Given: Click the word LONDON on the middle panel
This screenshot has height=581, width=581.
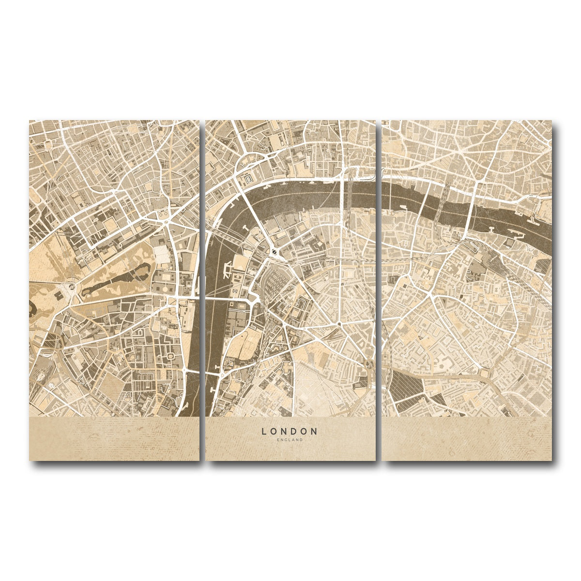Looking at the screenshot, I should pyautogui.click(x=290, y=431).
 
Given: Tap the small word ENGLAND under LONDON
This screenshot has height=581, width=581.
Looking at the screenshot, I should pyautogui.click(x=290, y=440).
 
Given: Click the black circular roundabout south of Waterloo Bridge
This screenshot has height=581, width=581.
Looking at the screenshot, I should pyautogui.click(x=275, y=251).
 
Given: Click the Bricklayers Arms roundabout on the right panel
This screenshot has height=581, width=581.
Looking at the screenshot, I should pyautogui.click(x=484, y=373).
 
